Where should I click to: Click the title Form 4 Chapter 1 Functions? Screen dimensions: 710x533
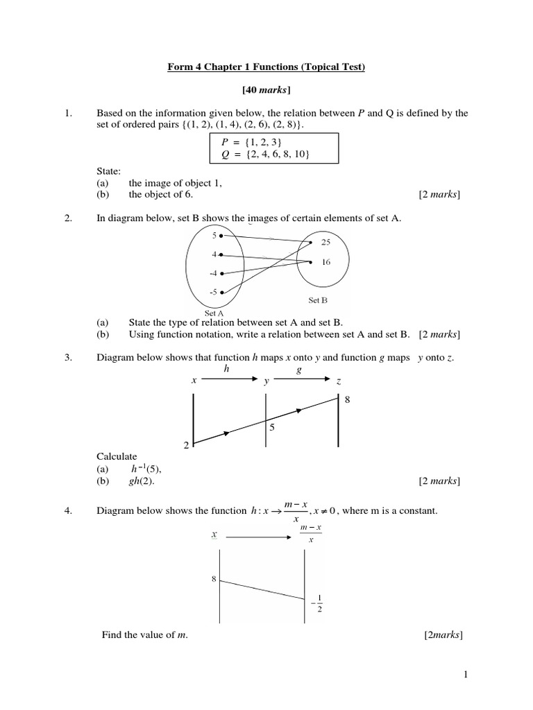[x=266, y=67]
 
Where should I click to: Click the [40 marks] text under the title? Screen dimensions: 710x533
[x=266, y=90]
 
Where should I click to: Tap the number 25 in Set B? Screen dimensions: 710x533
[x=326, y=242]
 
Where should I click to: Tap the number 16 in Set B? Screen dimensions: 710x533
[x=326, y=262]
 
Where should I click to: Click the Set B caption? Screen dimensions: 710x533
[x=317, y=300]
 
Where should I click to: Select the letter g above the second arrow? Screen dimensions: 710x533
[x=299, y=370]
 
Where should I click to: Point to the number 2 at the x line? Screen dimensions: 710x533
[x=186, y=446]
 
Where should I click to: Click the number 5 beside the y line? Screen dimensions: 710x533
[x=273, y=428]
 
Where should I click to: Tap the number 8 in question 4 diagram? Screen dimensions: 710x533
[x=214, y=577]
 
